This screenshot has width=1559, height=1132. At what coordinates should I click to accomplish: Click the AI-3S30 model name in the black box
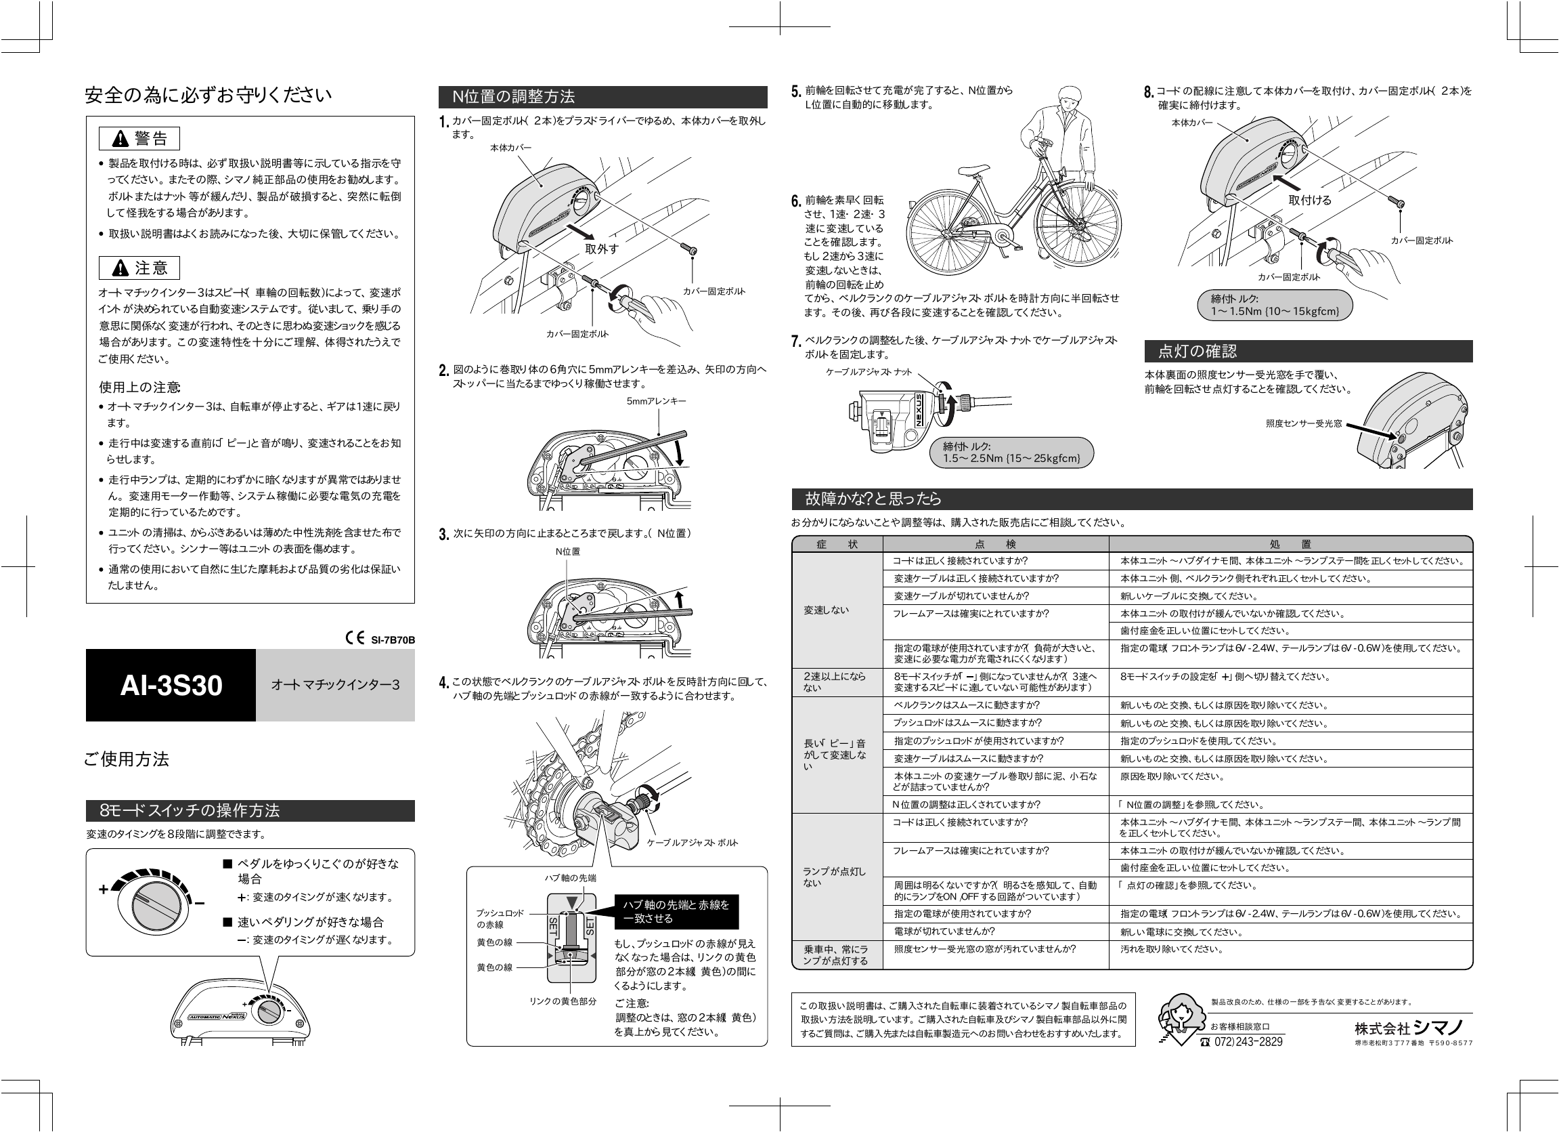(171, 686)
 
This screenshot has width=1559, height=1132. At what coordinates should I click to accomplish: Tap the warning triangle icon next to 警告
(120, 139)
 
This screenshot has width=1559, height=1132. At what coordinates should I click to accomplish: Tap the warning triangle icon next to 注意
(120, 268)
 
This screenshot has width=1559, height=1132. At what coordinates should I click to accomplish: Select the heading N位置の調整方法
(514, 97)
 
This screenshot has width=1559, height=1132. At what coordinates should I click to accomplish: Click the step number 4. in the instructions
(444, 683)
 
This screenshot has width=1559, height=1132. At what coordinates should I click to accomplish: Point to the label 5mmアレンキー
(656, 401)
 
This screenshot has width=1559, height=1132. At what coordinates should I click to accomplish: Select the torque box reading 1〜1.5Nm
(1275, 306)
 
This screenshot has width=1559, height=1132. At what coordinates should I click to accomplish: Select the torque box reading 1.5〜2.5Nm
(1011, 453)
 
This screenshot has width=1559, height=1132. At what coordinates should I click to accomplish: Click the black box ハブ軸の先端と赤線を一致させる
(676, 911)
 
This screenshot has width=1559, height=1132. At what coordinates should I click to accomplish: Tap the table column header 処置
(1290, 544)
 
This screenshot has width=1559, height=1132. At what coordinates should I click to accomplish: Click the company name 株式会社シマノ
(1413, 1028)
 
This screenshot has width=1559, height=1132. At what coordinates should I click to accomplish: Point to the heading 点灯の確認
(1198, 352)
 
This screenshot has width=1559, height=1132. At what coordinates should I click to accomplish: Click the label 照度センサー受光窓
(1303, 423)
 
